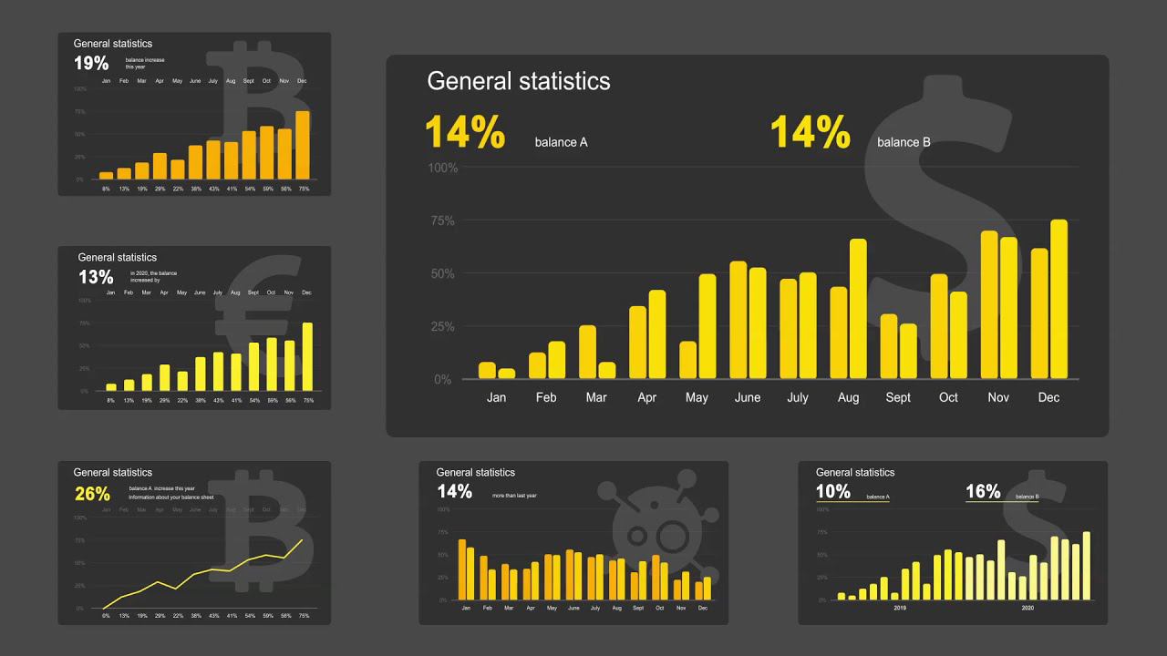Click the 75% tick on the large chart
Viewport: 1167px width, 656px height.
click(x=443, y=220)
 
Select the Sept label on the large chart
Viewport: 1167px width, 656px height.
click(x=898, y=397)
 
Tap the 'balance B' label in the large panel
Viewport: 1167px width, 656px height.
click(x=904, y=142)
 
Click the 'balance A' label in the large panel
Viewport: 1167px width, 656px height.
click(x=561, y=142)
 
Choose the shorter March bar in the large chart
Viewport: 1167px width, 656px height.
click(x=607, y=370)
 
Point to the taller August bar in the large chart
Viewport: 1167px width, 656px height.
click(x=858, y=309)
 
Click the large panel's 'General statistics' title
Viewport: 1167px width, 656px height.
click(x=518, y=81)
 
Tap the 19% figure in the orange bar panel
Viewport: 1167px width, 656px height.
click(x=91, y=64)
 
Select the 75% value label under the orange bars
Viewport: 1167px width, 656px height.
click(x=304, y=189)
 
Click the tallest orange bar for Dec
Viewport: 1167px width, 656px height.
click(x=303, y=145)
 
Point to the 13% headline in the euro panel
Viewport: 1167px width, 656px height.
click(x=96, y=277)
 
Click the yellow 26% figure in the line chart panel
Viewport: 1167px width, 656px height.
click(x=92, y=494)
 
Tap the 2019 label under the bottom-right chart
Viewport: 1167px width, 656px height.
click(x=900, y=608)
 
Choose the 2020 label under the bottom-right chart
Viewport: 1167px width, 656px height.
click(x=1028, y=608)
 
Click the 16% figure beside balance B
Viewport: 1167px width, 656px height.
click(x=983, y=492)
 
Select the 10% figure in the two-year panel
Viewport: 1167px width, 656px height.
click(x=832, y=492)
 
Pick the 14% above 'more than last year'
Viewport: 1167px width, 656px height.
click(x=454, y=492)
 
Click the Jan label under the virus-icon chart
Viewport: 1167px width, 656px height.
click(x=466, y=608)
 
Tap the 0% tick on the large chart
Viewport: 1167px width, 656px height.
click(x=443, y=379)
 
